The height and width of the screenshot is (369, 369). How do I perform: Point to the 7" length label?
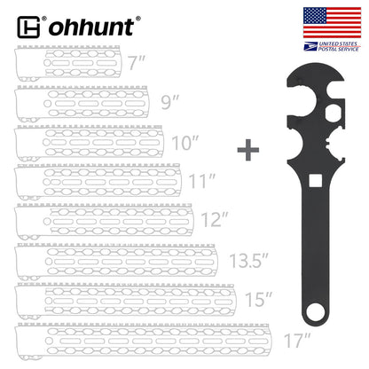coord(136,64)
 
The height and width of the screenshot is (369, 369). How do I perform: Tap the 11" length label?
coord(203,180)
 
